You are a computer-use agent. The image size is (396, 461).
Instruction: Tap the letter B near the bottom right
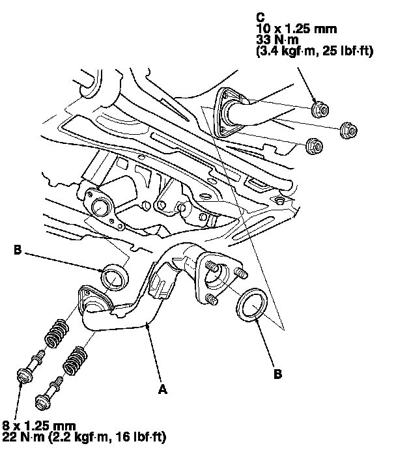click(x=278, y=375)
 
